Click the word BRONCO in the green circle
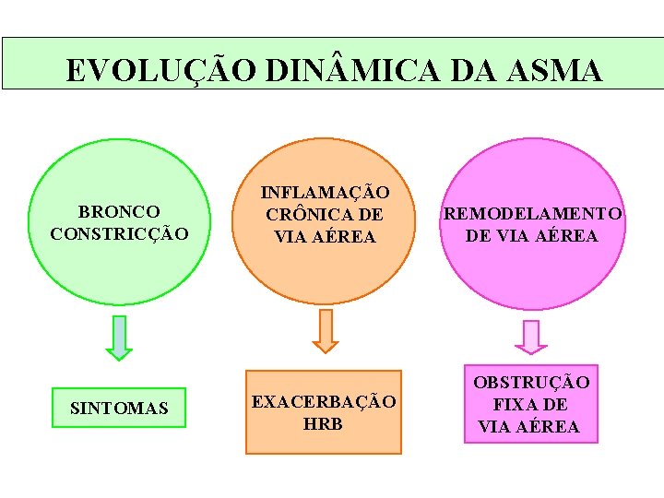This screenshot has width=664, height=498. (x=119, y=212)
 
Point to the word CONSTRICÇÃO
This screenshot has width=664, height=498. (x=119, y=234)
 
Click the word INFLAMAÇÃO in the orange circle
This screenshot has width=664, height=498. (x=326, y=193)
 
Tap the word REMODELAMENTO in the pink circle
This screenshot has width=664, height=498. (x=532, y=214)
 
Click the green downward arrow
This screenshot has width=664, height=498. (x=119, y=338)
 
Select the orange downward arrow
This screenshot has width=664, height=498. (x=326, y=331)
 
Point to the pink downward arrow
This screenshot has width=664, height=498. (x=531, y=337)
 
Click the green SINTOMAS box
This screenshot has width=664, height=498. (x=119, y=408)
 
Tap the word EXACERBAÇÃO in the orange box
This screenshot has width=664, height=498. (x=324, y=402)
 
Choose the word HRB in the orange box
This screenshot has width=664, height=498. (x=323, y=424)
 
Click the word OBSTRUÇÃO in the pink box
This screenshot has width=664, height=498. (x=531, y=383)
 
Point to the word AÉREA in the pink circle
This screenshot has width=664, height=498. (x=563, y=236)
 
